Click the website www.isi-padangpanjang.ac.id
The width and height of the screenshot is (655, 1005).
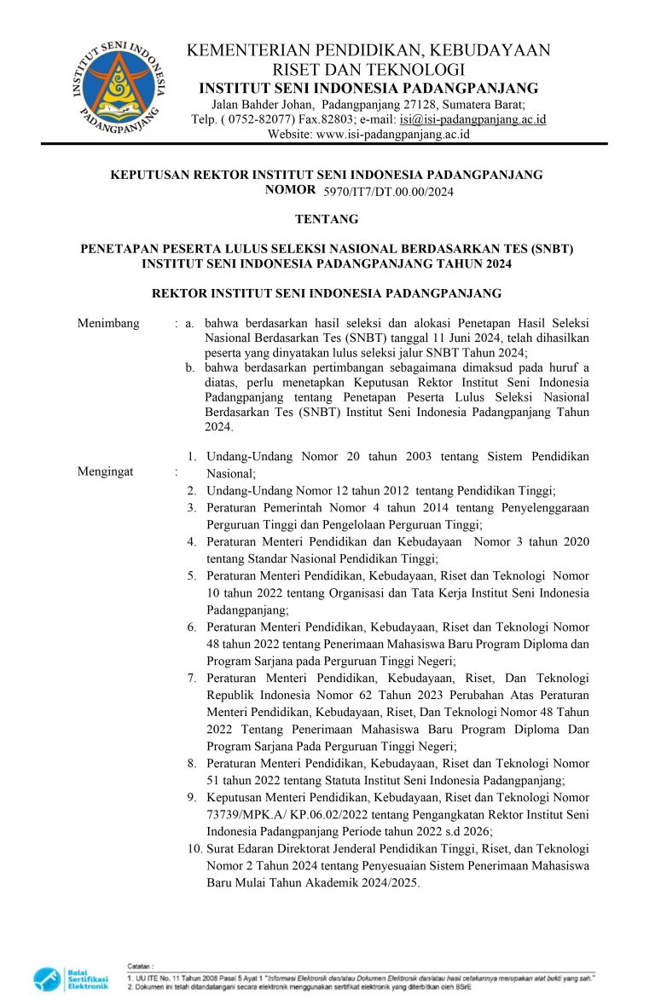click(x=392, y=134)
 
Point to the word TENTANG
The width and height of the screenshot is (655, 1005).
click(x=327, y=219)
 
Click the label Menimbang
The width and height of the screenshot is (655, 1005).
click(x=107, y=323)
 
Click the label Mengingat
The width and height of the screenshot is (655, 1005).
click(x=105, y=471)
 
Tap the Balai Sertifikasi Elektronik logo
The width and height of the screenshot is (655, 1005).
click(x=72, y=979)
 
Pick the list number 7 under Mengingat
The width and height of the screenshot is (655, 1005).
click(x=194, y=678)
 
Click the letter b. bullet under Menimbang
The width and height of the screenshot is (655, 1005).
click(x=191, y=367)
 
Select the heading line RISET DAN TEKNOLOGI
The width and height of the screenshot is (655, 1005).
click(x=368, y=70)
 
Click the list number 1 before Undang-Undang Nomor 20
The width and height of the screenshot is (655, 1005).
click(x=193, y=457)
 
